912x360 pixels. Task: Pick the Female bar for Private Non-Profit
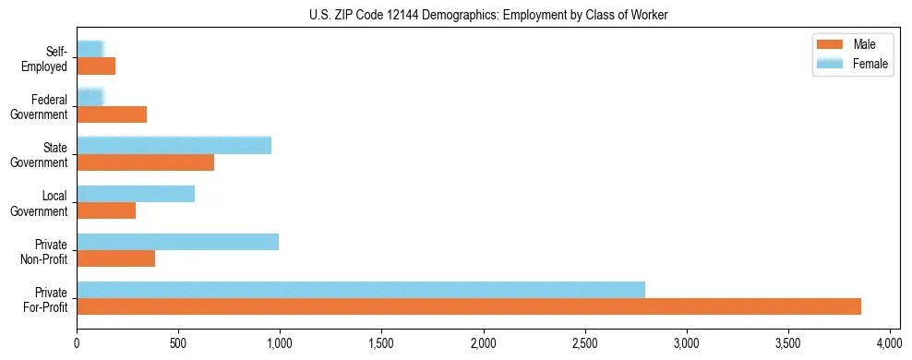[177, 242]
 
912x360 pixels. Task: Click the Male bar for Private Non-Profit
[116, 258]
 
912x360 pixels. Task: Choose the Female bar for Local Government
[136, 194]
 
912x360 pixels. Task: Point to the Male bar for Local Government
[106, 210]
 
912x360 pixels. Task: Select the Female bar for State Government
[174, 145]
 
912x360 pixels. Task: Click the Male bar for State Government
[145, 162]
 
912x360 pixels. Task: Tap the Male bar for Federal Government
[112, 114]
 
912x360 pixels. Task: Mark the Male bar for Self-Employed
[96, 66]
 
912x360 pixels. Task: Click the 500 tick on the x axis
[178, 343]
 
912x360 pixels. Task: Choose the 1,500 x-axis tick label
[381, 343]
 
